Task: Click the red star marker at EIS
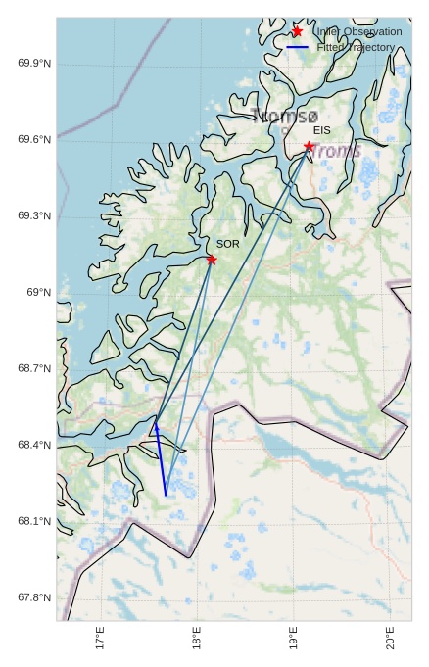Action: [309, 147]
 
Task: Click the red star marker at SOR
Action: [212, 260]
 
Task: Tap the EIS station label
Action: [322, 130]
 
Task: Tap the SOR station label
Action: [227, 244]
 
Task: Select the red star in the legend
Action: [297, 31]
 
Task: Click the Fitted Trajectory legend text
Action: [356, 47]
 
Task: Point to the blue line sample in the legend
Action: [297, 47]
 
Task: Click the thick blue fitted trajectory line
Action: [161, 460]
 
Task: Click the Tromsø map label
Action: [285, 116]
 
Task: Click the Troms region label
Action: [335, 151]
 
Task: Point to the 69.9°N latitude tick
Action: [34, 64]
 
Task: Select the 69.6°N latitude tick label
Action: [34, 140]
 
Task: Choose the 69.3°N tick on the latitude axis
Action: [34, 215]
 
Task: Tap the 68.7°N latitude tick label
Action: [34, 368]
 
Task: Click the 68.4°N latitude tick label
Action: [34, 445]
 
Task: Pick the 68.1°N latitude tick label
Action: [34, 521]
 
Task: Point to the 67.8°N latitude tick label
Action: [34, 597]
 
